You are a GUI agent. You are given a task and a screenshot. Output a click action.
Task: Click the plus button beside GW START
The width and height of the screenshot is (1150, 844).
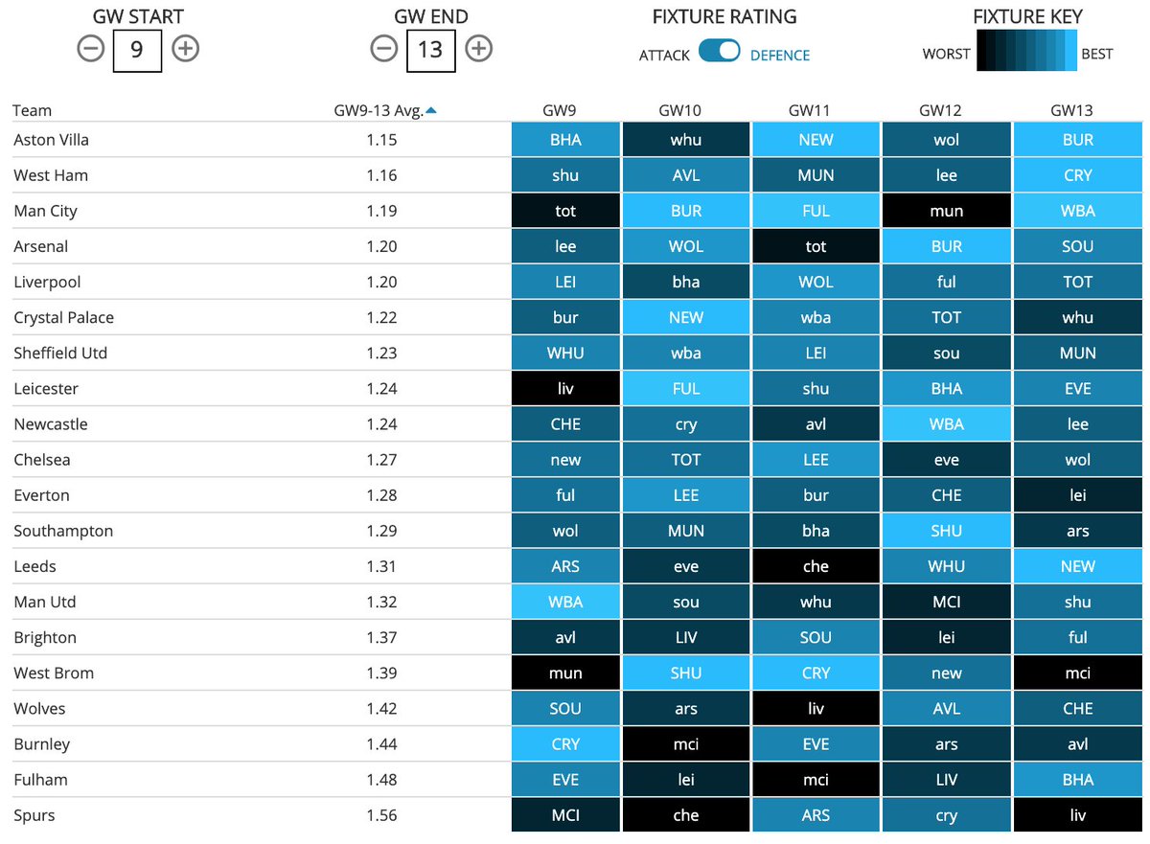tap(185, 49)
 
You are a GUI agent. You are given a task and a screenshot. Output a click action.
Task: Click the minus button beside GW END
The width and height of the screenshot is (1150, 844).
tap(384, 49)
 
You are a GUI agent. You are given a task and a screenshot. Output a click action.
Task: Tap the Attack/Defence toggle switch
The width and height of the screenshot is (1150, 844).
tap(719, 52)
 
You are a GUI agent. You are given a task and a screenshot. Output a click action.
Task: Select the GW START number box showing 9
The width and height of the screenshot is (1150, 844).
tap(137, 49)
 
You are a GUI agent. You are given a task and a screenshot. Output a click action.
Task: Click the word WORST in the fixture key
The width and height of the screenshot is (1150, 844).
tap(946, 54)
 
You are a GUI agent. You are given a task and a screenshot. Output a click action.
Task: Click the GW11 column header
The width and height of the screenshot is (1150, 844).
tap(816, 110)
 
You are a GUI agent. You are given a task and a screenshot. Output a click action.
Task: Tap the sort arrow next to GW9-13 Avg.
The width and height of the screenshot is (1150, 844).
tap(431, 110)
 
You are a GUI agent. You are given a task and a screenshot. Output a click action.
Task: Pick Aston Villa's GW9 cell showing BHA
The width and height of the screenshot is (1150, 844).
tap(565, 140)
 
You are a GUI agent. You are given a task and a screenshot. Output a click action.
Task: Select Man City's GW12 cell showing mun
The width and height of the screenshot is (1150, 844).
tap(946, 211)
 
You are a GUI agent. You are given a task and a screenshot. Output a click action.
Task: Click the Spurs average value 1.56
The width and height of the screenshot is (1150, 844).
tap(380, 815)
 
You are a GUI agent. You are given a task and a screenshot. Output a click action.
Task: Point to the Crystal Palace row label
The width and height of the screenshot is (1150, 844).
tap(63, 317)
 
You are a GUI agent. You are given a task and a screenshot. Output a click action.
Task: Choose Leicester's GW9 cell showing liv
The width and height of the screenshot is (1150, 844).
tap(565, 389)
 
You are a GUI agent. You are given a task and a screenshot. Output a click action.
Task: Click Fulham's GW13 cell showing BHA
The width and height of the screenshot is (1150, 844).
tap(1077, 780)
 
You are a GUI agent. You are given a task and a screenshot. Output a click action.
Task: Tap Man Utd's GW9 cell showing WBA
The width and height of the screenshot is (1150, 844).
tap(565, 603)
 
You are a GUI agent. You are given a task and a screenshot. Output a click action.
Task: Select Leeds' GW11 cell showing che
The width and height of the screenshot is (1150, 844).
tap(816, 566)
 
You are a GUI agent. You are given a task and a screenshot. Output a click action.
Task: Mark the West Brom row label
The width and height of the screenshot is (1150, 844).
tap(54, 673)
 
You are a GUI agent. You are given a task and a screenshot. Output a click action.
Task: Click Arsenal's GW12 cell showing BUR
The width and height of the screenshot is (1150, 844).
tap(946, 246)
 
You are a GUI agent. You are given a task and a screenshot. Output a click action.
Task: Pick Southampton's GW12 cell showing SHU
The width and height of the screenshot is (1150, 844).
tap(946, 531)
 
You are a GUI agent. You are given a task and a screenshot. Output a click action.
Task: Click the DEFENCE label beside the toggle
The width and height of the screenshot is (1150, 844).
tap(779, 56)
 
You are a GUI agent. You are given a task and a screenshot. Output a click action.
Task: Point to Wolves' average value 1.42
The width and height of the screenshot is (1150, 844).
tap(380, 709)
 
